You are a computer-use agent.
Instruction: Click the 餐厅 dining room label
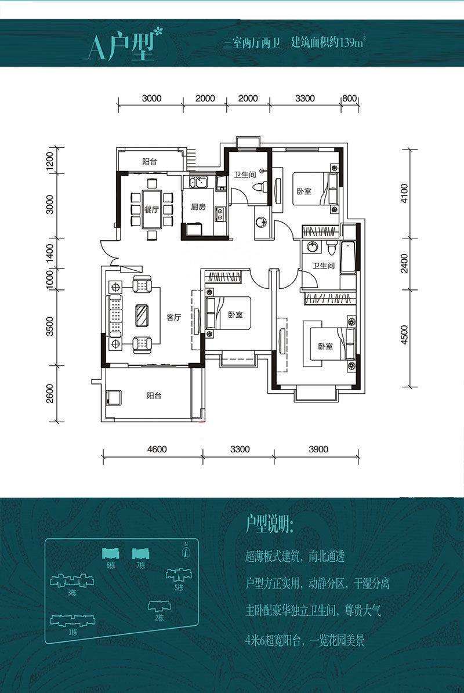151,210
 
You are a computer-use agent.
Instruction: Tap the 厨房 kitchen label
198,207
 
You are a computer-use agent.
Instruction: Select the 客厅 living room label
173,317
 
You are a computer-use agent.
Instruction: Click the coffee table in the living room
142,315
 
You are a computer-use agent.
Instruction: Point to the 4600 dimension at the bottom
157,449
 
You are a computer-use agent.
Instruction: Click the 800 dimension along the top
349,99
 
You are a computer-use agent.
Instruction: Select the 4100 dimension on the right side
404,194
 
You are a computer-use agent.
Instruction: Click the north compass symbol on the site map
186,551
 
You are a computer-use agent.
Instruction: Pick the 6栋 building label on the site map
110,565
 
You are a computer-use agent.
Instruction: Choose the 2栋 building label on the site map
159,618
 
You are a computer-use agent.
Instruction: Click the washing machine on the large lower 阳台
114,397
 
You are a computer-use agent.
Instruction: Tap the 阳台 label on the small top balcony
150,162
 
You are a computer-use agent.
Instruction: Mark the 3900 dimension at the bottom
318,449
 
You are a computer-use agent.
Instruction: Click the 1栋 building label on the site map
73,633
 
